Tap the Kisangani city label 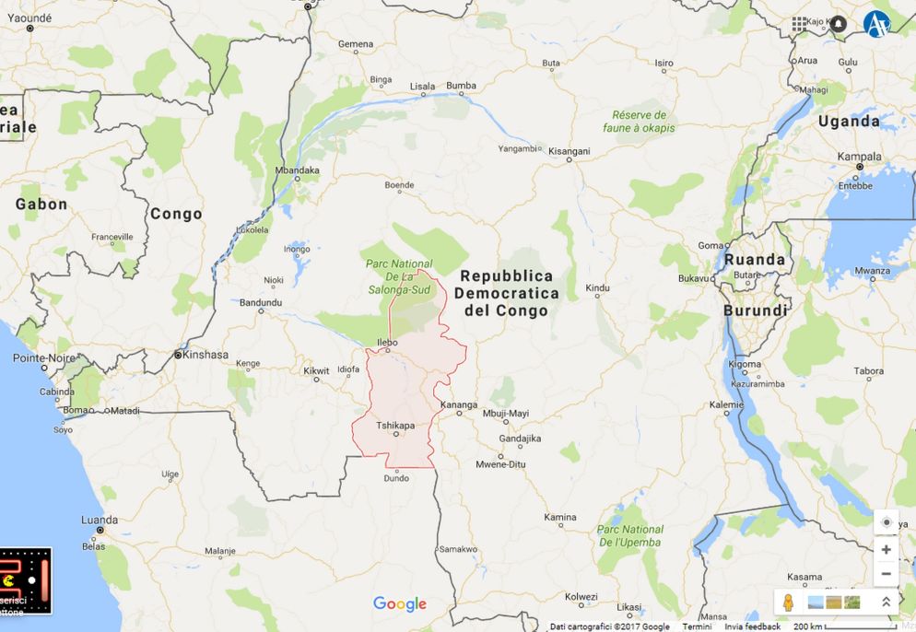(x=569, y=150)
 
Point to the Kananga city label (x=459, y=404)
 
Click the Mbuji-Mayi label (x=506, y=413)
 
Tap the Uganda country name (x=848, y=121)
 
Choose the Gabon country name (x=41, y=204)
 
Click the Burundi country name (x=755, y=310)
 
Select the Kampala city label (x=859, y=156)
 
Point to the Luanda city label (x=100, y=520)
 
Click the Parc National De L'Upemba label (x=629, y=536)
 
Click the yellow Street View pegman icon (x=788, y=602)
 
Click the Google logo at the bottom (x=400, y=604)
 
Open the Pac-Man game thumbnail (x=26, y=581)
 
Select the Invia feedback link (x=752, y=626)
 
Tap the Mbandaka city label (x=298, y=170)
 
